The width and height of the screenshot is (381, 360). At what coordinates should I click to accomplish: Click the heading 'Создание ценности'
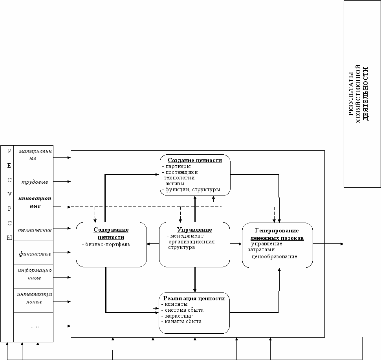tap(195, 160)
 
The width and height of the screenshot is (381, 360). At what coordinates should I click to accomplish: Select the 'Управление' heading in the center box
tap(194, 230)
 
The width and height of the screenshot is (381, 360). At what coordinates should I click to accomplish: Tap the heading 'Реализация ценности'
tap(194, 298)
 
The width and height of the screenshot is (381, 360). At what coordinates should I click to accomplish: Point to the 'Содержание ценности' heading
tap(111, 233)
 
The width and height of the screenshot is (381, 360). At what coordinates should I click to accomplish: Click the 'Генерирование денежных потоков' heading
tap(277, 234)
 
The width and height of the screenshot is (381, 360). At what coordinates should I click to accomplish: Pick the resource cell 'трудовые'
tap(33, 182)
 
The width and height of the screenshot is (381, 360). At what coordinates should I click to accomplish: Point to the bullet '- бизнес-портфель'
tap(106, 244)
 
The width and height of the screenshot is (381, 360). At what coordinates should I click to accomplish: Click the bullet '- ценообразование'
tap(273, 256)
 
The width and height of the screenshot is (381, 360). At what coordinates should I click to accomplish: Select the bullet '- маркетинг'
tap(177, 316)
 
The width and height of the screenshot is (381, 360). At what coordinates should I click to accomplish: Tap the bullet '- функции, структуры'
tap(191, 190)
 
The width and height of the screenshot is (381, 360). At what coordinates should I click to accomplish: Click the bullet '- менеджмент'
tap(185, 236)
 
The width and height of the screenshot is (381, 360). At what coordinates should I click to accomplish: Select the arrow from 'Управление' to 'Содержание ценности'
tap(153, 244)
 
